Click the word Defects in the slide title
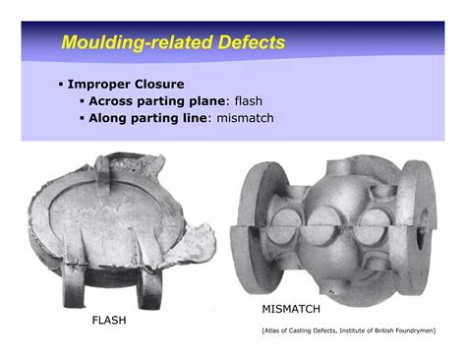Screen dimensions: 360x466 (x=250, y=43)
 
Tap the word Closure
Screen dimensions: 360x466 (x=158, y=84)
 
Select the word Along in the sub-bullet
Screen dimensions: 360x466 (x=110, y=119)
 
